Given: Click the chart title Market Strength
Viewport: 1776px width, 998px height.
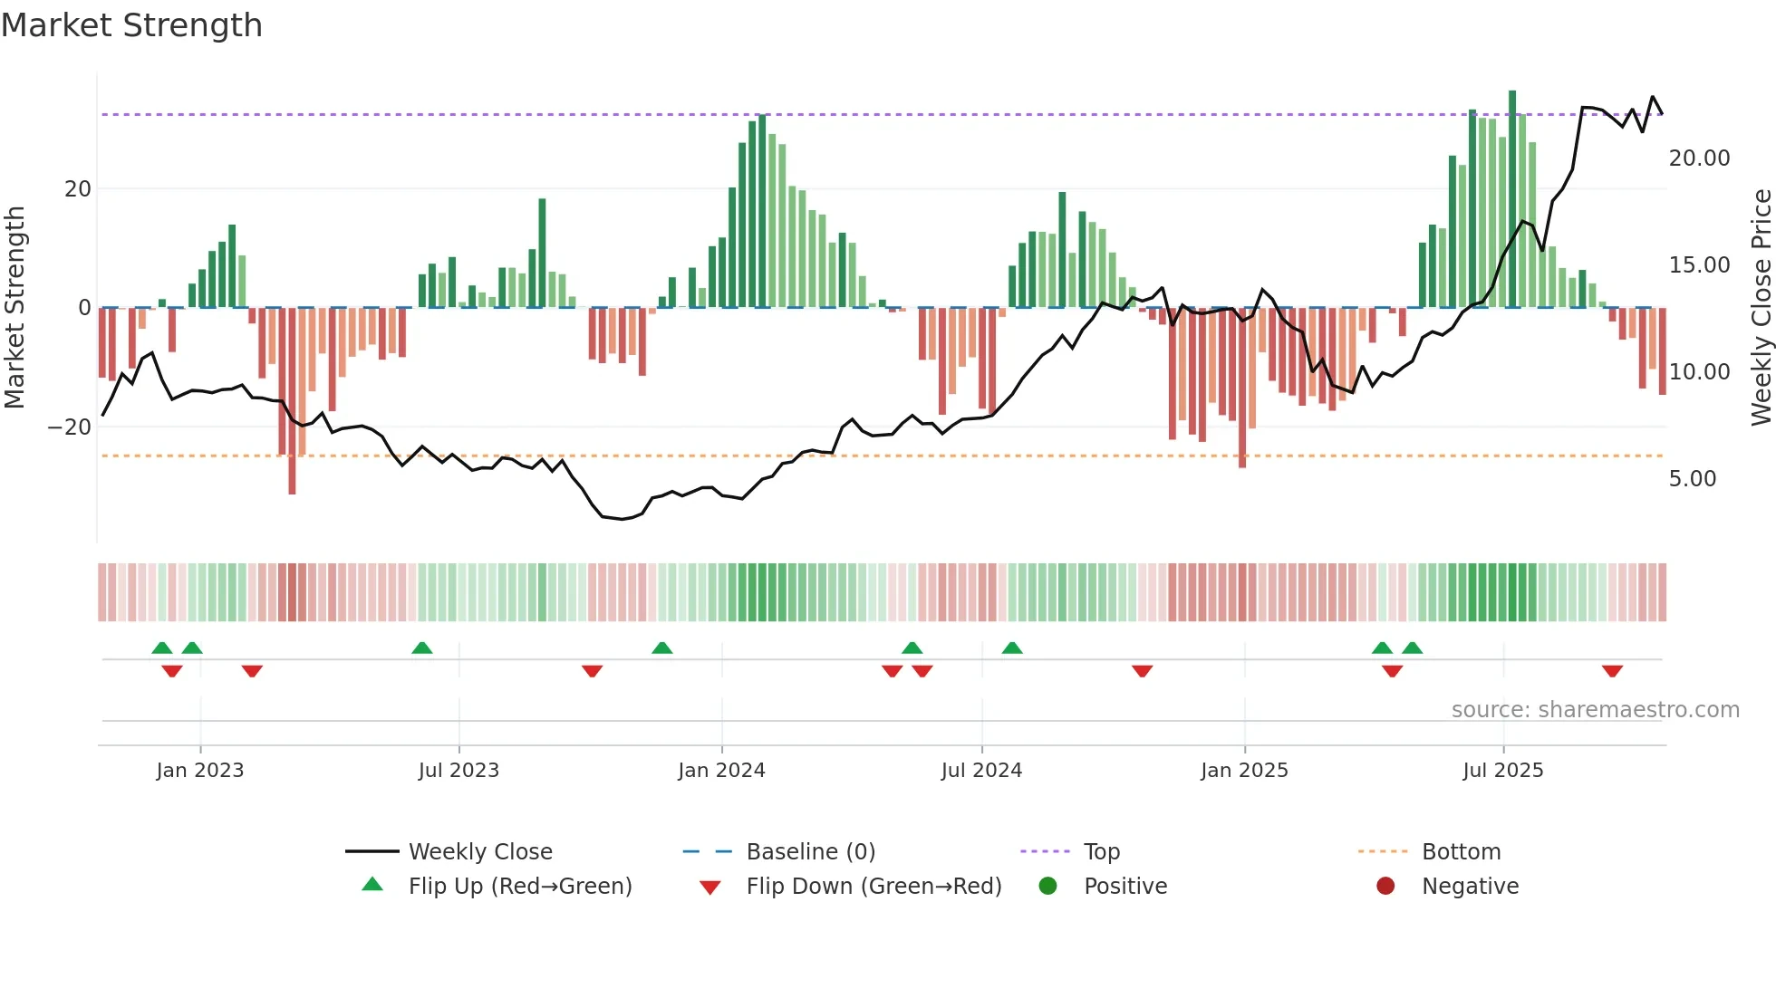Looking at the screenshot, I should pyautogui.click(x=131, y=25).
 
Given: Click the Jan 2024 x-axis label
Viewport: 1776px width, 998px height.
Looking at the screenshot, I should pyautogui.click(x=721, y=771).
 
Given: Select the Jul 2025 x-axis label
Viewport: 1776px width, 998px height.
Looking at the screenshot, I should pyautogui.click(x=1502, y=771).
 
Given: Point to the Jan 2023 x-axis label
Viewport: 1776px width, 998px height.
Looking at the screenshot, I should pyautogui.click(x=199, y=771).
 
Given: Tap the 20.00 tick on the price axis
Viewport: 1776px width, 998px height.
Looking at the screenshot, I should pyautogui.click(x=1699, y=158).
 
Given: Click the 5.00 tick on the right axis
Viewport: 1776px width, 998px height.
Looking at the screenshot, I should pyautogui.click(x=1692, y=479).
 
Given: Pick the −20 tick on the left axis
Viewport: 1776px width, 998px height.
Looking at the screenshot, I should pyautogui.click(x=70, y=427).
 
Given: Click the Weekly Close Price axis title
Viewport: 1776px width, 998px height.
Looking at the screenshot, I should pyautogui.click(x=1761, y=308).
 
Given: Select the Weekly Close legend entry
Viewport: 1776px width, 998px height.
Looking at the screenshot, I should pyautogui.click(x=479, y=852).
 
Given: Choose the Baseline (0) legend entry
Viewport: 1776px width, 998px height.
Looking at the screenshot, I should pyautogui.click(x=810, y=852).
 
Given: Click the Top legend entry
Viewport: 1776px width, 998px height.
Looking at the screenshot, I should pyautogui.click(x=1101, y=852).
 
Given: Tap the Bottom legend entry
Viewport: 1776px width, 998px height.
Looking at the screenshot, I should pyautogui.click(x=1461, y=852).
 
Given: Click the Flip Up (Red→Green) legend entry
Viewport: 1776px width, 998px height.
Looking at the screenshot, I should pyautogui.click(x=519, y=887).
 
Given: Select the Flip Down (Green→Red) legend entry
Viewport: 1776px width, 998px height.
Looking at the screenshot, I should pyautogui.click(x=873, y=887).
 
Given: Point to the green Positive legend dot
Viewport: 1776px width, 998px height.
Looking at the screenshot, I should pyautogui.click(x=1047, y=886).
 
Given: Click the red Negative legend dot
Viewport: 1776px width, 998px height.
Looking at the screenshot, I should pyautogui.click(x=1385, y=886).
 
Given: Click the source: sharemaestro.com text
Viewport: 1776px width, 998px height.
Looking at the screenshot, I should pyautogui.click(x=1595, y=710).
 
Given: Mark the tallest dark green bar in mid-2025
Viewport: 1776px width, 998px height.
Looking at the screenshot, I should pyautogui.click(x=1512, y=199).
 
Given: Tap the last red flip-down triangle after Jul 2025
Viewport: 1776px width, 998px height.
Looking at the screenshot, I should pyautogui.click(x=1612, y=671).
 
